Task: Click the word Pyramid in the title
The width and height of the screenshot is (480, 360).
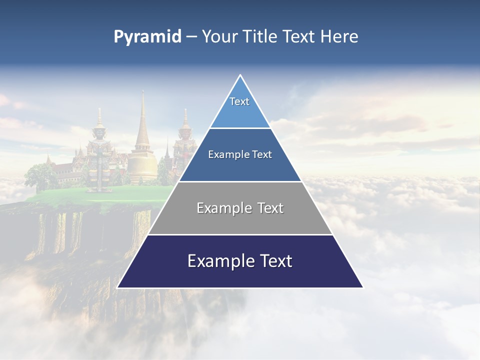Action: pyautogui.click(x=147, y=37)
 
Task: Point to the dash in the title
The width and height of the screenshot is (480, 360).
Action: pyautogui.click(x=191, y=37)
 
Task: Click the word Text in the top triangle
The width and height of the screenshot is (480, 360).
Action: pyautogui.click(x=239, y=101)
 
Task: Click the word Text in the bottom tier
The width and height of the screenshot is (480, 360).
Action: pyautogui.click(x=274, y=261)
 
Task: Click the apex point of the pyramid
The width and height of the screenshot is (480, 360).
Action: pyautogui.click(x=240, y=75)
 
